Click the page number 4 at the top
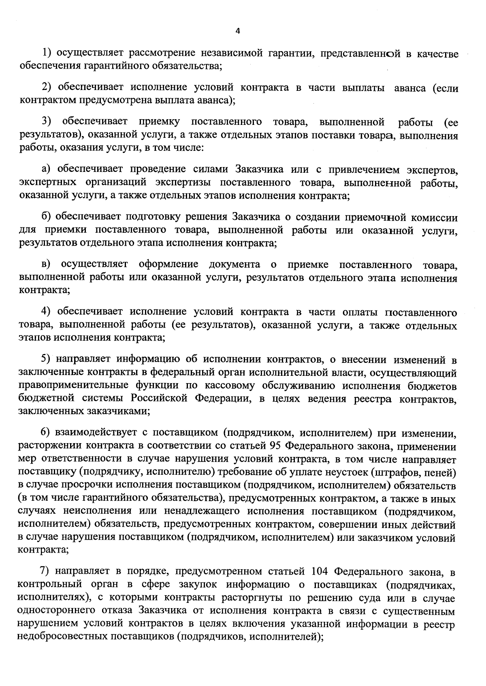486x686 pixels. click(x=238, y=31)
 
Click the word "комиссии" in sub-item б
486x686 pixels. click(x=434, y=218)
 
